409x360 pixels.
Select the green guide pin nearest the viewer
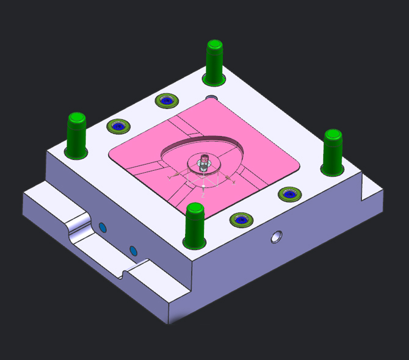(x=195, y=227)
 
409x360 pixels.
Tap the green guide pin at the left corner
(x=76, y=135)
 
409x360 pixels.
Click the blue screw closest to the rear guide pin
(x=166, y=100)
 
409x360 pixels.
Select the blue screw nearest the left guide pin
(x=118, y=126)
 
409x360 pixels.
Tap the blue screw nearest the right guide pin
(x=289, y=194)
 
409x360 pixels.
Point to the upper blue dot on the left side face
(x=103, y=228)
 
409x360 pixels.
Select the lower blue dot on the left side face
(x=132, y=250)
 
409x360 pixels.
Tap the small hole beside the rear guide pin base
(x=211, y=98)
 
